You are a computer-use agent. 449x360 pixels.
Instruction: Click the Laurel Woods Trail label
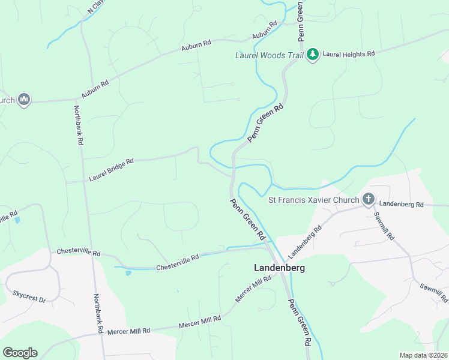[x=269, y=55]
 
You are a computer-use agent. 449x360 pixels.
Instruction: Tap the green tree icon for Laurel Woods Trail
[x=312, y=55]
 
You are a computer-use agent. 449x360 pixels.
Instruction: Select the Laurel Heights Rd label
[x=349, y=54]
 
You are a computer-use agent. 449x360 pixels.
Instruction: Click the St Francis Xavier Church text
[x=313, y=200]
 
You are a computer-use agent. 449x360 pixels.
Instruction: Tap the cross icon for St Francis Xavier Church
[x=369, y=199]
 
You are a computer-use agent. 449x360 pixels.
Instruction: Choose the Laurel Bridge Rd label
[x=111, y=170]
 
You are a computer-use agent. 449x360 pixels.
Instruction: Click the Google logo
[x=20, y=353]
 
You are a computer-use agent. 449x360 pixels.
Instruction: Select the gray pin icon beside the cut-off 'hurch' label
[x=24, y=100]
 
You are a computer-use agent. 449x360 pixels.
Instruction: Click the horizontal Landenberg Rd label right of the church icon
[x=402, y=205]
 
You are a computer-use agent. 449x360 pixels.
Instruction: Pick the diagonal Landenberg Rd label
[x=305, y=238]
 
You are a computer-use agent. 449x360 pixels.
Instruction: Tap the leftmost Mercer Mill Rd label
[x=128, y=331]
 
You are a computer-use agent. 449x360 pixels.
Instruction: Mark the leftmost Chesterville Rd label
[x=78, y=253]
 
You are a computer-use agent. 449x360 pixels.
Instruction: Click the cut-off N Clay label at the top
[x=95, y=7]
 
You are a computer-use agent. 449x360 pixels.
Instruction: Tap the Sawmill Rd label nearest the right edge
[x=433, y=292]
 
